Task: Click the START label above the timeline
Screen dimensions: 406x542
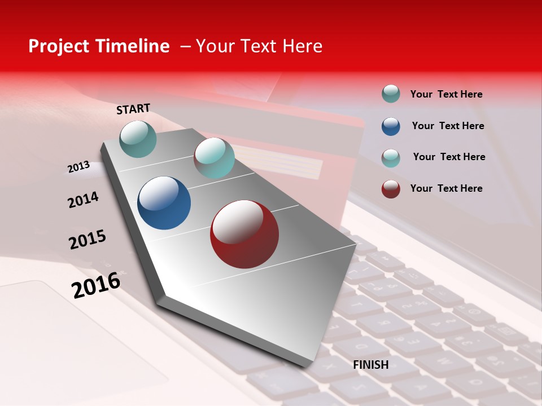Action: tap(133, 109)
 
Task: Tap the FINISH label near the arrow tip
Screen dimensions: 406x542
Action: tap(370, 365)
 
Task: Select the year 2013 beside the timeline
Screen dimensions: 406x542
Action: tap(78, 166)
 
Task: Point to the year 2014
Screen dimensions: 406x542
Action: tap(83, 200)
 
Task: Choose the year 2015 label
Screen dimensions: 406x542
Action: tap(88, 240)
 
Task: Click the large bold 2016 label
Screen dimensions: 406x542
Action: tap(96, 285)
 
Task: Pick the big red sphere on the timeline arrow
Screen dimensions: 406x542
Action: tap(244, 234)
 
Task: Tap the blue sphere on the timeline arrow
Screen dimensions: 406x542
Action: tap(164, 203)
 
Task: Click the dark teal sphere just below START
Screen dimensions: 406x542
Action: tap(138, 139)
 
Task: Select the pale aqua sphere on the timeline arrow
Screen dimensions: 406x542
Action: tap(214, 158)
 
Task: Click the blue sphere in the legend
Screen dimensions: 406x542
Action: tap(391, 126)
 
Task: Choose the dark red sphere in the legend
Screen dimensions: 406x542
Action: tap(391, 189)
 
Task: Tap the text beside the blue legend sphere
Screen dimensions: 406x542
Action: tap(448, 126)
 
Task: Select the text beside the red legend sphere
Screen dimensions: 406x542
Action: tap(446, 188)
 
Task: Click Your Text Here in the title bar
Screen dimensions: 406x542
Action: tap(259, 46)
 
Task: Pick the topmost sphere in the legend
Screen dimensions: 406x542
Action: tap(391, 94)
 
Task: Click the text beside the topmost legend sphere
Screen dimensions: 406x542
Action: tap(446, 94)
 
